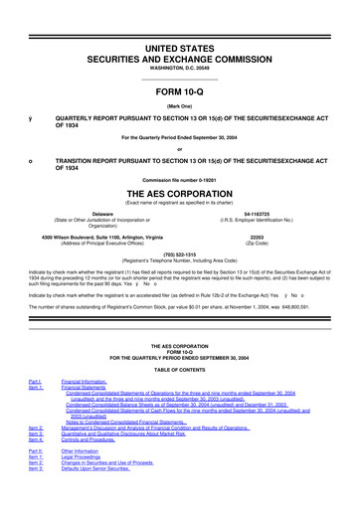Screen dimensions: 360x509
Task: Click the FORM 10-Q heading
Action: pyautogui.click(x=179, y=91)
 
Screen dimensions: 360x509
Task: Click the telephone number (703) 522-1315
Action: pyautogui.click(x=179, y=253)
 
